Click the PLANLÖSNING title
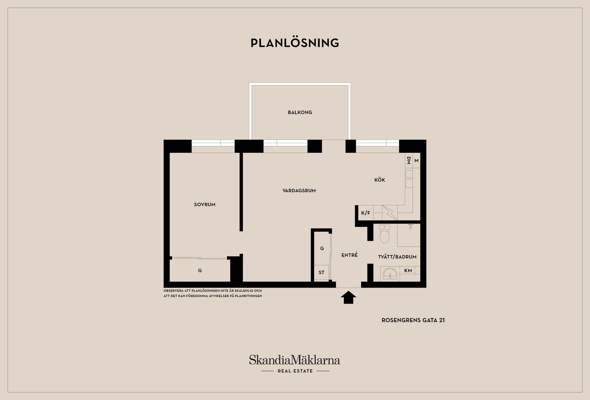click(295, 43)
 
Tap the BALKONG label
click(300, 112)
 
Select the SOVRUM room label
click(205, 205)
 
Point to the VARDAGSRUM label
click(299, 191)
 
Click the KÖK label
click(380, 180)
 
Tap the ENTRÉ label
click(349, 255)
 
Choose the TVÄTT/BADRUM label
click(397, 257)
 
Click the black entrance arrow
click(348, 297)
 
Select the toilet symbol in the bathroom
click(384, 234)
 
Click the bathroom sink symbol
click(390, 273)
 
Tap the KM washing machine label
click(408, 271)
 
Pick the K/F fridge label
click(366, 213)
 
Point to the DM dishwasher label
click(409, 160)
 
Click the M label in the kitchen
click(416, 161)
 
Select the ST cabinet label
click(321, 273)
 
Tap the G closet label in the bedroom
click(200, 271)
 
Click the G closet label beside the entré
click(322, 249)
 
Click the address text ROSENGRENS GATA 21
click(413, 320)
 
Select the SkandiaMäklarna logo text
click(295, 360)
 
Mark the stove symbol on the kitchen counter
click(390, 213)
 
